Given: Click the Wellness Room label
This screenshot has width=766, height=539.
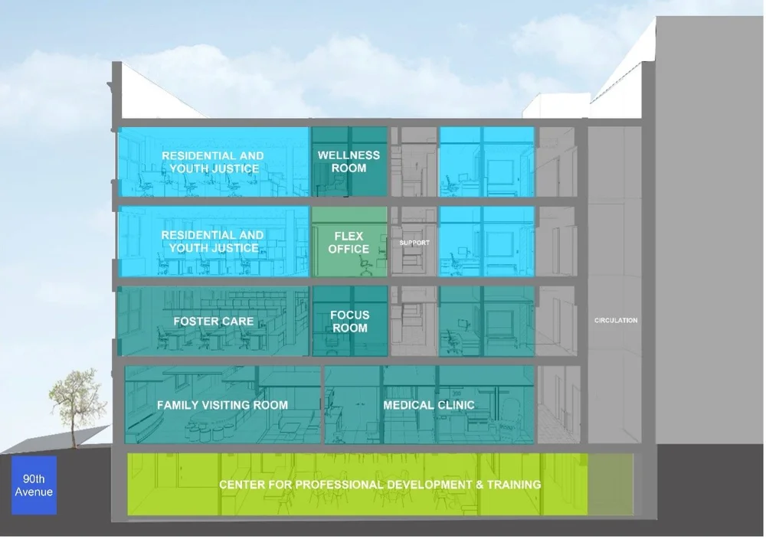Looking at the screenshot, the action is coord(349,162).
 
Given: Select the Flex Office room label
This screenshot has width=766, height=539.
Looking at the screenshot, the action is coord(349,242).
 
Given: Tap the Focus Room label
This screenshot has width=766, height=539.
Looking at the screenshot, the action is coord(349,321).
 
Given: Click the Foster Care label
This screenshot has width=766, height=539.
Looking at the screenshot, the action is coord(213,321).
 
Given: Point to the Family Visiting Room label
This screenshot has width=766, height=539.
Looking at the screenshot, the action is coord(222,404).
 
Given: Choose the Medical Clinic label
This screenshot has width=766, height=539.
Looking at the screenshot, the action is coord(429,404).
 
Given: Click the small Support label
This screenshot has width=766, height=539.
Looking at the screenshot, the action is coord(414,243).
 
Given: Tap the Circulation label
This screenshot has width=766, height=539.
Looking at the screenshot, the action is coord(616,320).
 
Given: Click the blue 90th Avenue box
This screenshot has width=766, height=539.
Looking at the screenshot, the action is coord(34,485).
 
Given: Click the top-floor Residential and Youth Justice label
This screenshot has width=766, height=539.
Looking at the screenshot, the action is coord(212,162).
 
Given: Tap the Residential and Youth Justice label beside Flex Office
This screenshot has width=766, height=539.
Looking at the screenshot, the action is coord(212,241).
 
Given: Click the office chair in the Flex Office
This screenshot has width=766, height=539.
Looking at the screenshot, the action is coord(366,265).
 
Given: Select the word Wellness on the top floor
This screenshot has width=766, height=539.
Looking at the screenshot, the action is coord(349,155).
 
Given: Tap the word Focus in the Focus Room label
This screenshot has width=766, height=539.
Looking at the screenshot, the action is coord(349,315).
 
